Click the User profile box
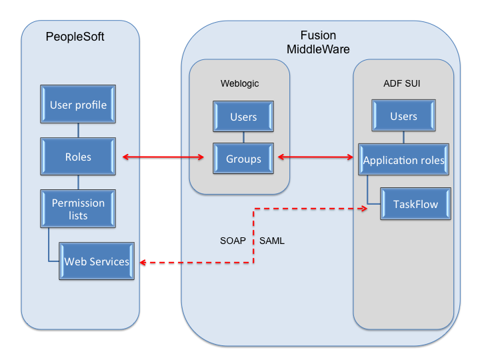(78, 105)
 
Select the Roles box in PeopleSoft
(78, 157)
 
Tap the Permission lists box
(78, 209)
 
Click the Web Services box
(96, 261)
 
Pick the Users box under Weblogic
(243, 117)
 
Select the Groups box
(243, 159)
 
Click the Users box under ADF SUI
(403, 116)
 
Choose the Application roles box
(403, 161)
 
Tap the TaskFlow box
(415, 204)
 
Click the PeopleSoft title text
(75, 36)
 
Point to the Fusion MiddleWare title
(318, 42)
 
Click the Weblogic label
(239, 83)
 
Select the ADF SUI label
(402, 83)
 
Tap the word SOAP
(233, 241)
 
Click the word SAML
(271, 241)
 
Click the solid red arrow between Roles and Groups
(163, 157)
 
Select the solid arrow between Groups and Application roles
(315, 157)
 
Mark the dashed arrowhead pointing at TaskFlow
(364, 209)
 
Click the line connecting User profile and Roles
(78, 131)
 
